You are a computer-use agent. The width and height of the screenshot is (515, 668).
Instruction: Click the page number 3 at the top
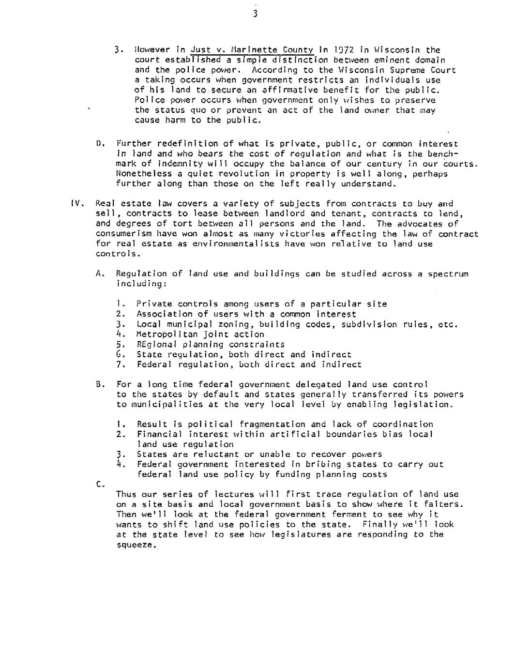pos(255,14)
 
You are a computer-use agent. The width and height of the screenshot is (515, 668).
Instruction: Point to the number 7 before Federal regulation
pos(120,364)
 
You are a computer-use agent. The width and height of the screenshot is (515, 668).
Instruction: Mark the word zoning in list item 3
pos(234,324)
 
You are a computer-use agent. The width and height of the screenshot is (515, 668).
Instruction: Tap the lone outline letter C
pos(99,484)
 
